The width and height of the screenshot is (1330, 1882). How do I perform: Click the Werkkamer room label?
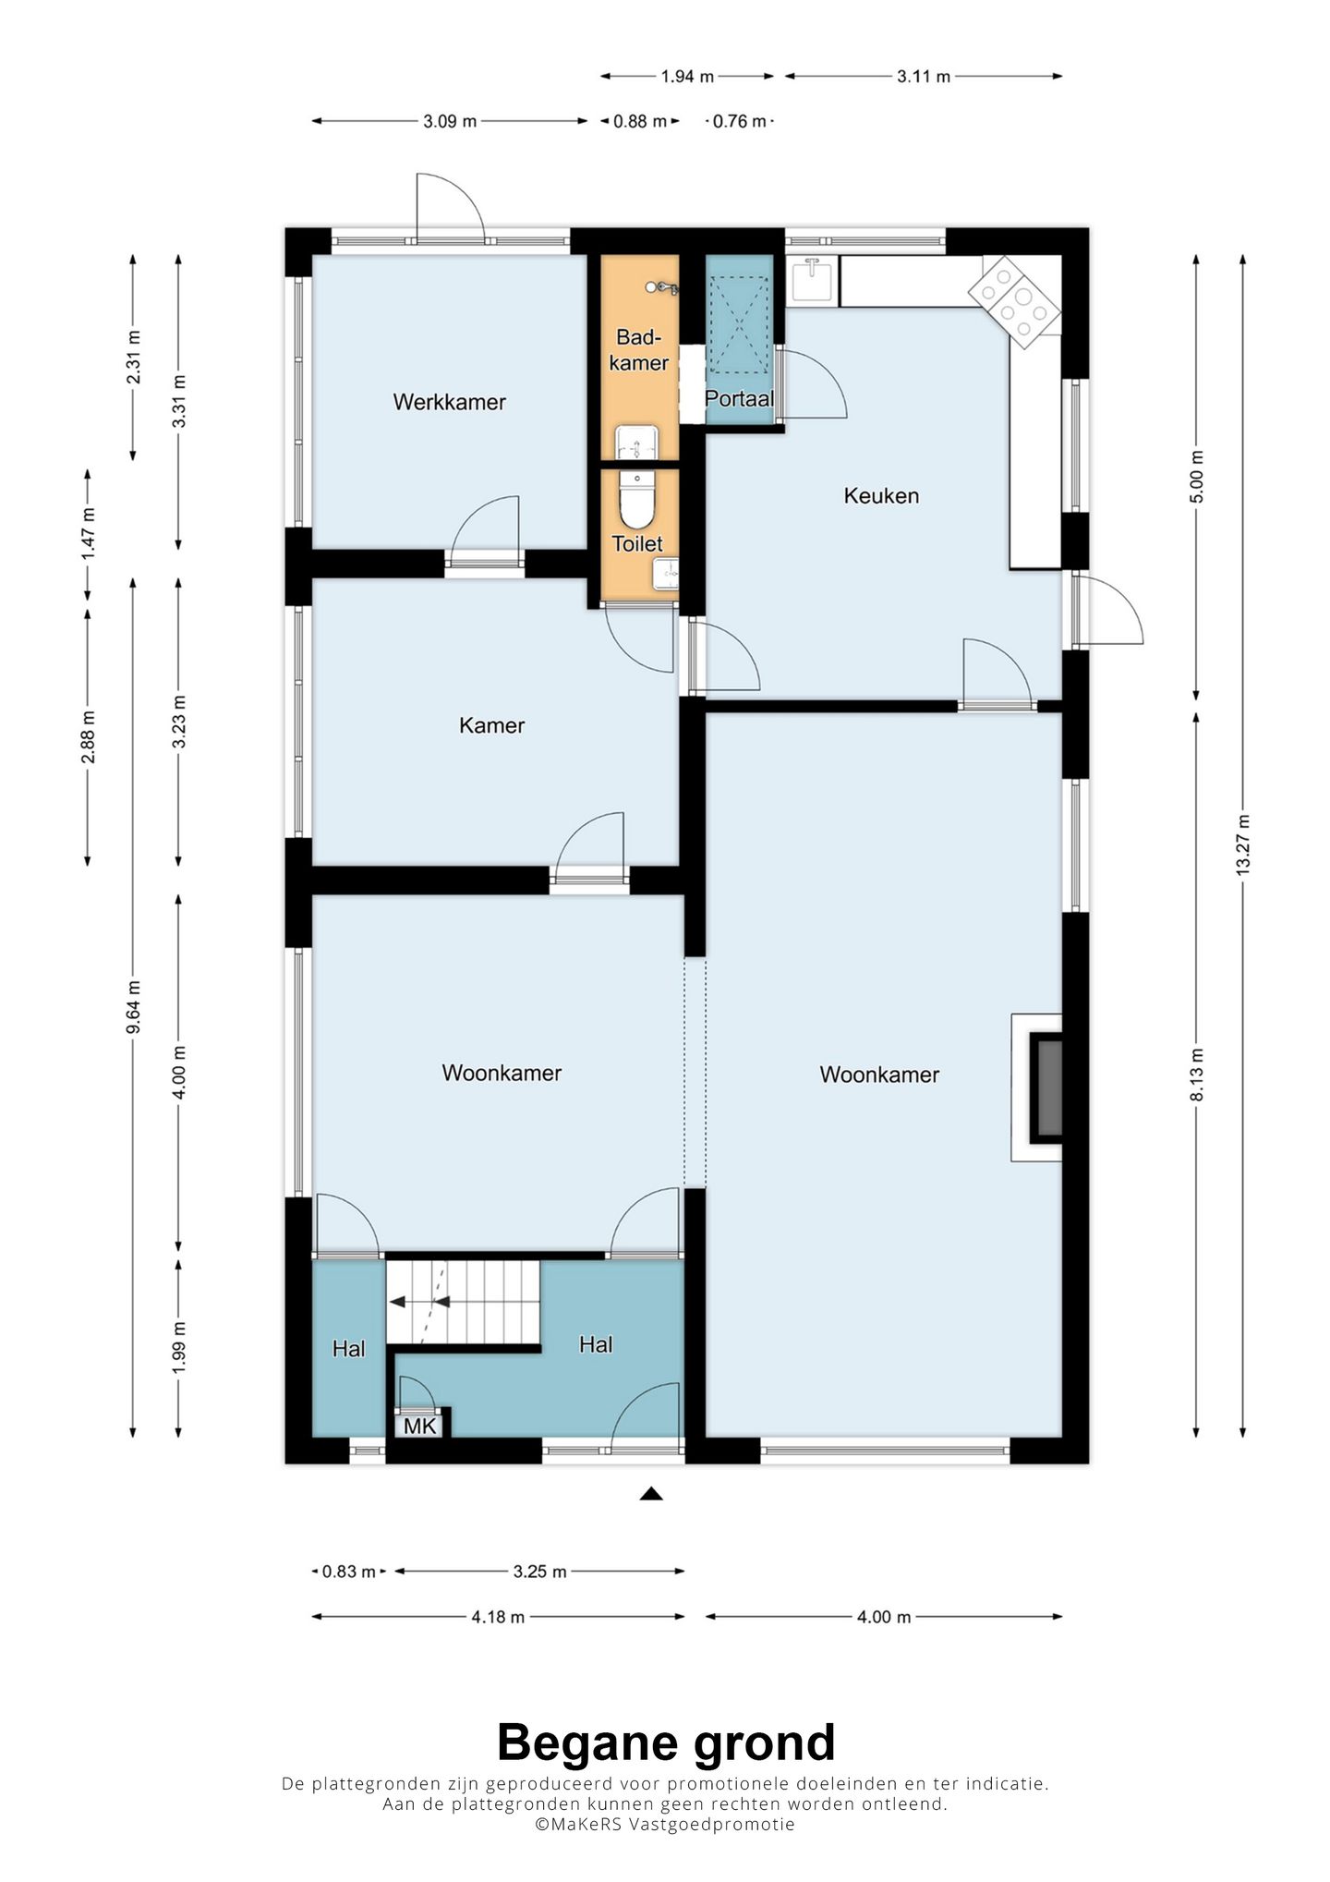click(449, 402)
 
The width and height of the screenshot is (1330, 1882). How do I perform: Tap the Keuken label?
click(881, 496)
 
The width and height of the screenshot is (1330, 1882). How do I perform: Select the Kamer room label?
click(491, 725)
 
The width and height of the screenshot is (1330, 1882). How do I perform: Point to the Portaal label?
click(739, 399)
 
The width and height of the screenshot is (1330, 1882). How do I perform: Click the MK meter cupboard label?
click(420, 1426)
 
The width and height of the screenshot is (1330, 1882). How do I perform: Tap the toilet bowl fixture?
click(636, 499)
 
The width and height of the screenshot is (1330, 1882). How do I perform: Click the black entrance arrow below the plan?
click(651, 1493)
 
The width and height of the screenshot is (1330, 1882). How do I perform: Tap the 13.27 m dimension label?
click(1242, 845)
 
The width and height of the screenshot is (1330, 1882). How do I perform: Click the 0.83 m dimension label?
click(348, 1572)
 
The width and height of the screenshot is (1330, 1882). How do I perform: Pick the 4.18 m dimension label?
click(498, 1617)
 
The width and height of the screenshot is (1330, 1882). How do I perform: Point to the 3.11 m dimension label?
click(924, 77)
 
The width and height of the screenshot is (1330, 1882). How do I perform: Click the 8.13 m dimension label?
click(1197, 1075)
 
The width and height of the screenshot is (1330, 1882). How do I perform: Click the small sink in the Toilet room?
click(666, 574)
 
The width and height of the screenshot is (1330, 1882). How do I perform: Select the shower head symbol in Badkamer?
click(661, 288)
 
